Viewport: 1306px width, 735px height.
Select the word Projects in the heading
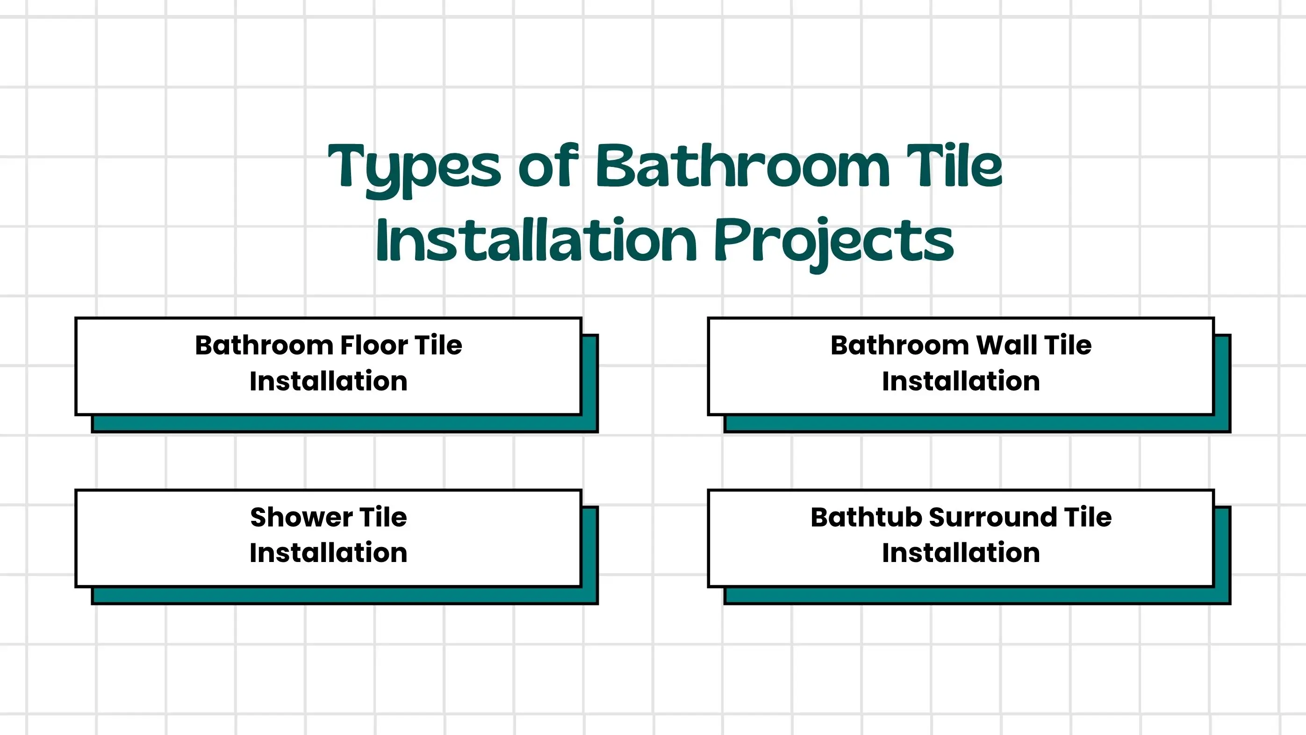[x=834, y=243]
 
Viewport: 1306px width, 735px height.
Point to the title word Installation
[x=537, y=239]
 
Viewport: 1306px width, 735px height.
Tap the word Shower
[x=301, y=518]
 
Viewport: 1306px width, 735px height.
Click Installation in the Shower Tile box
[x=329, y=553]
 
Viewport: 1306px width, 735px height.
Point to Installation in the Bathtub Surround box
[x=961, y=553]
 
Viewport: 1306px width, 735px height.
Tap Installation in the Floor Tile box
[x=329, y=382]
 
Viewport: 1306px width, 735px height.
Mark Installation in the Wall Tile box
[x=961, y=382]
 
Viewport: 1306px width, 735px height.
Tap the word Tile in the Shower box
[x=383, y=518]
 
